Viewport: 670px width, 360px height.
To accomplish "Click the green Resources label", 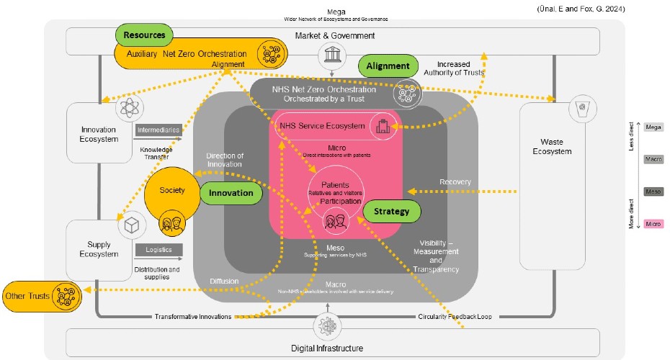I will click(144, 34).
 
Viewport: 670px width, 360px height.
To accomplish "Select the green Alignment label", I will click(388, 66).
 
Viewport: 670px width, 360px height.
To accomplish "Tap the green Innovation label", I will click(231, 192).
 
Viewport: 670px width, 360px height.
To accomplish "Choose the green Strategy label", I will click(391, 211).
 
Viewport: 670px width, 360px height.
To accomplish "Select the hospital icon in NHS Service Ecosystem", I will click(382, 125).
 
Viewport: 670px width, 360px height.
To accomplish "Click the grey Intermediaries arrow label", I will click(158, 130).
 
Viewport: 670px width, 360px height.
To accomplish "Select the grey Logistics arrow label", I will click(158, 250).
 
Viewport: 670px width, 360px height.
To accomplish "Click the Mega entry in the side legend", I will click(653, 127).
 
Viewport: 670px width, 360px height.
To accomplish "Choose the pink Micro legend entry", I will click(653, 224).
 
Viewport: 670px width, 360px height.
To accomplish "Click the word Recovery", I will click(456, 181).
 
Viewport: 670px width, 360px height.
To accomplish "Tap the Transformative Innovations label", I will click(193, 316).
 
